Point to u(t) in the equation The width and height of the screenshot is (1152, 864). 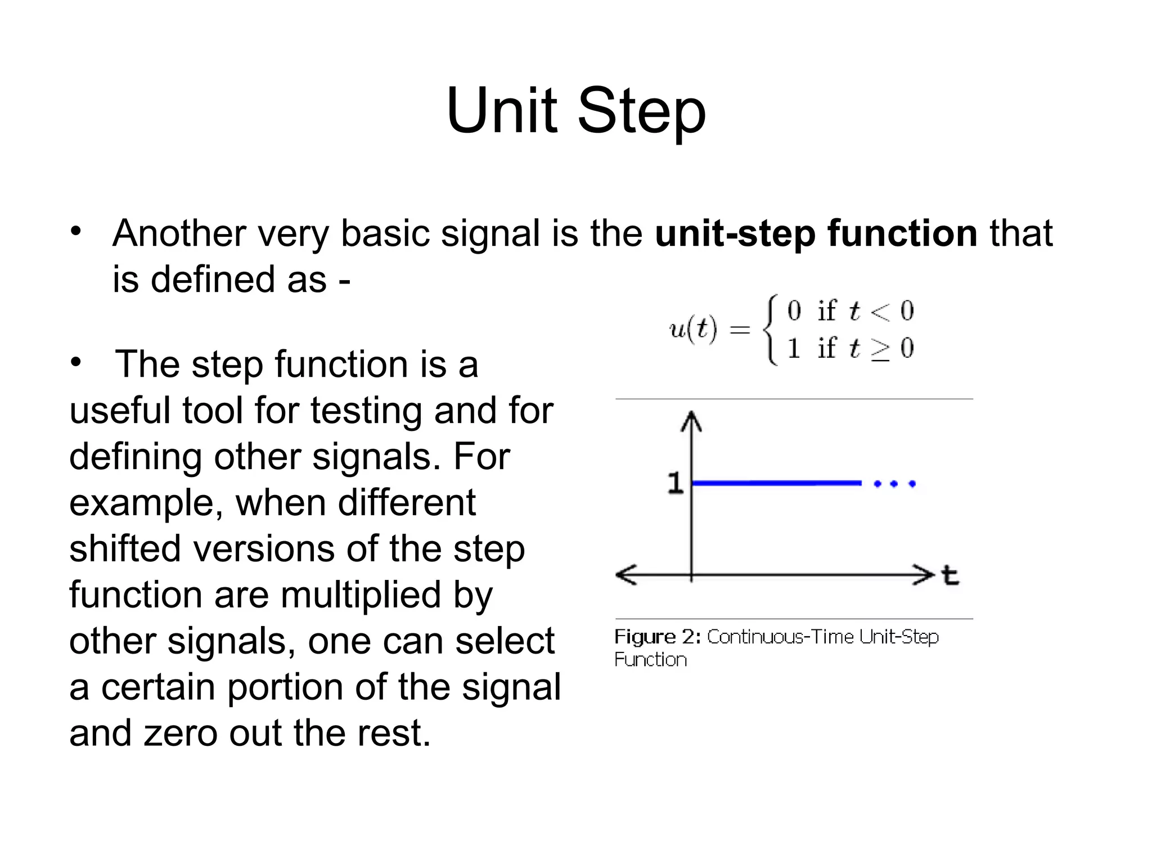click(693, 329)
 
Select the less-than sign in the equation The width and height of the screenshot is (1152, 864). click(880, 311)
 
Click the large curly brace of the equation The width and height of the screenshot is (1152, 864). click(770, 330)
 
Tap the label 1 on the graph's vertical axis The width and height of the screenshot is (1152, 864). click(675, 483)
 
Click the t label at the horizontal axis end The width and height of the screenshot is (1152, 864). click(950, 576)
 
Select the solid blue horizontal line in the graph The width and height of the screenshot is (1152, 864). click(776, 483)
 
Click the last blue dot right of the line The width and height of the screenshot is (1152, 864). click(912, 484)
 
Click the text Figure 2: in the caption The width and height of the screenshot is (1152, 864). click(657, 637)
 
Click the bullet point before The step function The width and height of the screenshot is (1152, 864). click(76, 363)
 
